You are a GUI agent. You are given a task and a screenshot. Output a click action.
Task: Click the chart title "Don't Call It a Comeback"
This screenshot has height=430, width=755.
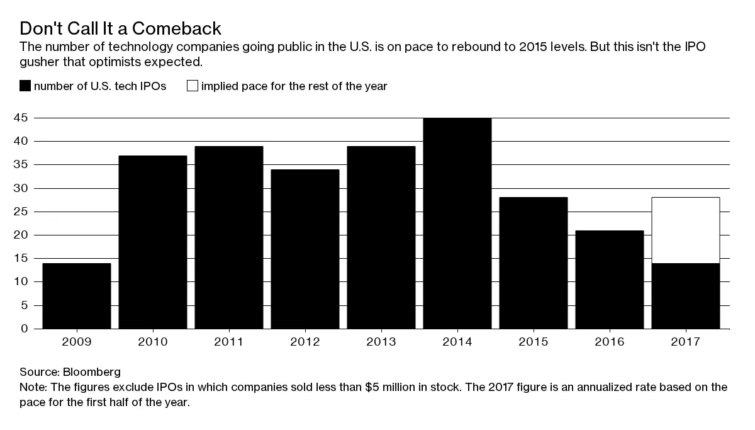tap(120, 29)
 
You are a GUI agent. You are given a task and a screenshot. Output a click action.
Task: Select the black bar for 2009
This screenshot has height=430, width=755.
tap(77, 296)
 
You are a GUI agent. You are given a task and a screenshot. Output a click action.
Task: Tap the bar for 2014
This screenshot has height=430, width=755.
tap(457, 223)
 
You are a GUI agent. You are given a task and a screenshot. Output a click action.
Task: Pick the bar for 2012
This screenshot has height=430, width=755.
tap(305, 249)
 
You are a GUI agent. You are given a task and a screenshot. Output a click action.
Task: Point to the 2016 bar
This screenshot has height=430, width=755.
tap(610, 280)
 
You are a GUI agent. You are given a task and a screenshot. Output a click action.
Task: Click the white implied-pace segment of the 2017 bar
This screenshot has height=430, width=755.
tap(686, 230)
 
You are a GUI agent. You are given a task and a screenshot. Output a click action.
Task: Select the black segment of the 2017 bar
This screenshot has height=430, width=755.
tap(686, 296)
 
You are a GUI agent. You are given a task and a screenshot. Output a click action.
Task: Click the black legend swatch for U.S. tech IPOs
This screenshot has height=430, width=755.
tap(25, 86)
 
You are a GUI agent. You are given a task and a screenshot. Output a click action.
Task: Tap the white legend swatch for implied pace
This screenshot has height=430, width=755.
tap(192, 86)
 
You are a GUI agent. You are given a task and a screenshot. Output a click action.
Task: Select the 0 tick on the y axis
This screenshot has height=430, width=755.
tap(25, 329)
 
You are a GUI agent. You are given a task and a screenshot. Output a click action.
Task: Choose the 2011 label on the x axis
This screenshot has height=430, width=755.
tap(229, 342)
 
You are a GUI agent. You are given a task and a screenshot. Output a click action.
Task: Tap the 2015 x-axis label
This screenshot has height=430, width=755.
tap(534, 342)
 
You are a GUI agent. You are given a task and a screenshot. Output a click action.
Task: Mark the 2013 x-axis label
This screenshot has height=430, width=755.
tap(381, 342)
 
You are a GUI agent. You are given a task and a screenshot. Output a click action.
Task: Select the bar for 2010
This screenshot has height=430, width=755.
tap(153, 242)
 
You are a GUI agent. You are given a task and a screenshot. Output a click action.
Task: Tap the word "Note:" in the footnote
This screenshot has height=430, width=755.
tap(33, 387)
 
